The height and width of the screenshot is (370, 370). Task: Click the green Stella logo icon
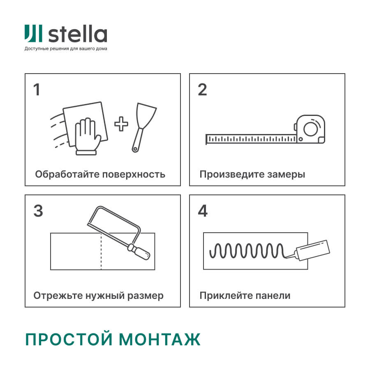(x=33, y=34)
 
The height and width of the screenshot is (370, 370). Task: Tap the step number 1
(x=37, y=90)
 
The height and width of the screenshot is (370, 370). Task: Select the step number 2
(x=202, y=90)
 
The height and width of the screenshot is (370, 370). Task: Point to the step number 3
(x=38, y=211)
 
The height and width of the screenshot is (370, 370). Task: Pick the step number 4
(x=203, y=211)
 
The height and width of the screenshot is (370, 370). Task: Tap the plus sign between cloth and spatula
(x=121, y=124)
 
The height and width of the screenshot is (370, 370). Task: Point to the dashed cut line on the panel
(x=101, y=252)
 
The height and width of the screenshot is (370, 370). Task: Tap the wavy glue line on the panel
(x=247, y=250)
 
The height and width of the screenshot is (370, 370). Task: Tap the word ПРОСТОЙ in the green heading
(x=68, y=340)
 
